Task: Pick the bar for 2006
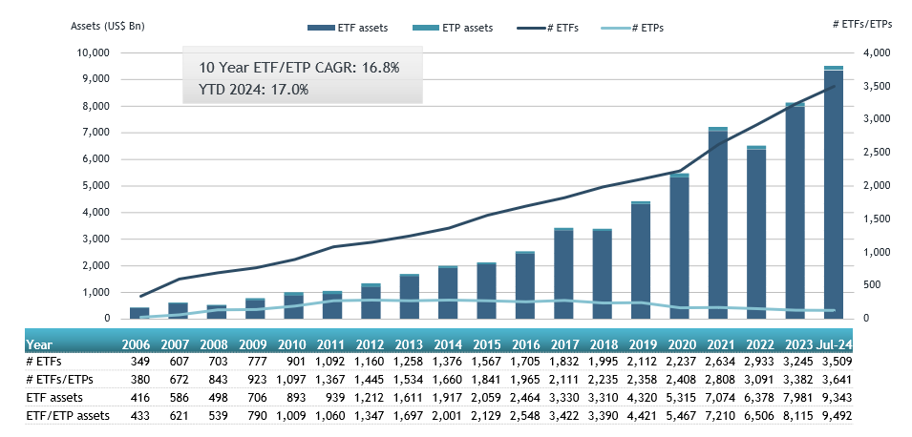138,313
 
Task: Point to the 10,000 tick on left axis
94,52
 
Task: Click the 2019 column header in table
642,344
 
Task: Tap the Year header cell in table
39,344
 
